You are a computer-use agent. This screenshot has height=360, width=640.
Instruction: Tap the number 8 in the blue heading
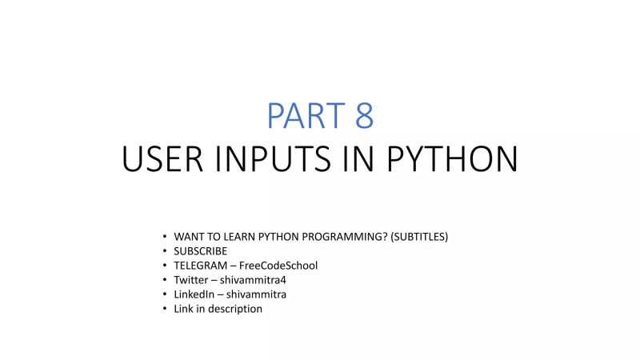pos(364,116)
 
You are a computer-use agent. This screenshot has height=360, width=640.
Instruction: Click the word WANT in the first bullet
pos(189,237)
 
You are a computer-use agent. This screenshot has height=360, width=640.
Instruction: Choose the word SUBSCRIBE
pos(200,251)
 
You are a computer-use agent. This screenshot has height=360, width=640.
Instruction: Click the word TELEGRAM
pos(198,266)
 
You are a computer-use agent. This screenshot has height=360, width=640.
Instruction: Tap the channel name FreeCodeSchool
pos(278,266)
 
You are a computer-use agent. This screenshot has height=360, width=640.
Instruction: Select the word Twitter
pos(190,280)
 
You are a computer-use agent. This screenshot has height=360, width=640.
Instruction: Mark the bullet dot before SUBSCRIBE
pos(164,251)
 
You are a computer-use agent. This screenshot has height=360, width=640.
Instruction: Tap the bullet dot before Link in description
pos(164,309)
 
